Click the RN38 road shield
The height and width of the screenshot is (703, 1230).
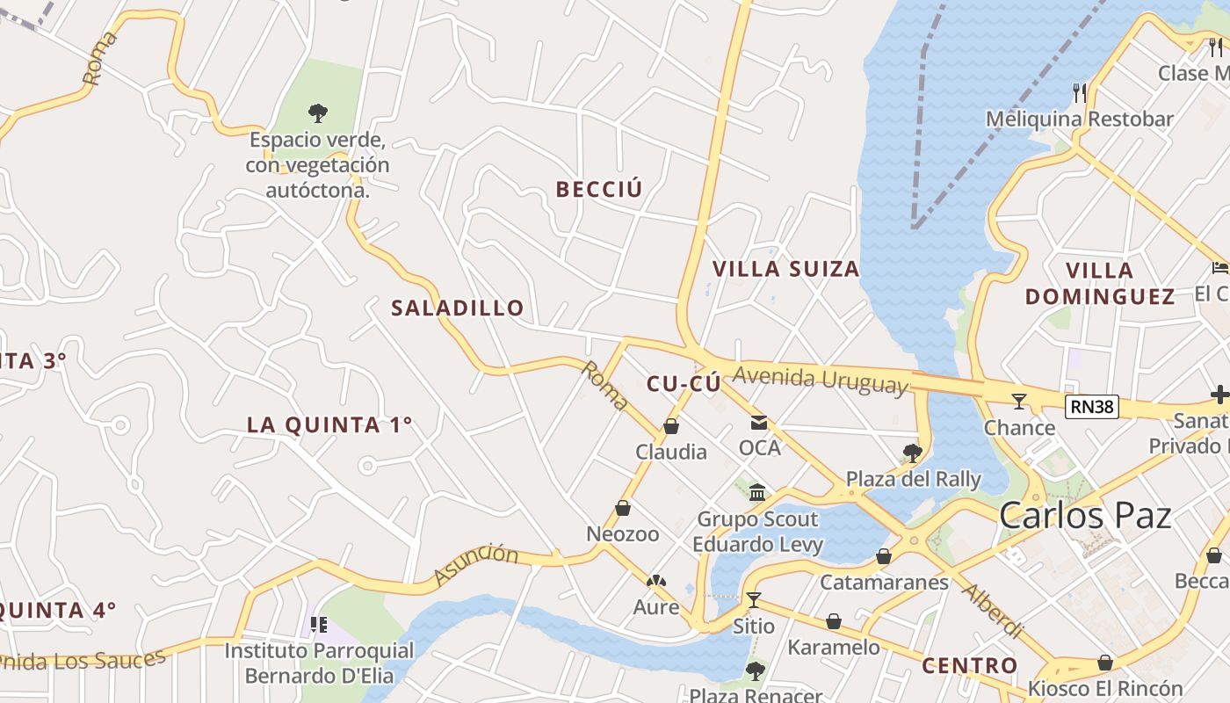[x=1092, y=406]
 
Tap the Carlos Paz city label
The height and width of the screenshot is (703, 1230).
[x=1085, y=516]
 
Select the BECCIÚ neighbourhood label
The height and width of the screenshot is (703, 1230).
[x=599, y=189]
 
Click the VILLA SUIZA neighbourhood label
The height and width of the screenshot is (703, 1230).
[x=785, y=269]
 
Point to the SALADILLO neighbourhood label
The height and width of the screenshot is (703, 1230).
[x=457, y=308]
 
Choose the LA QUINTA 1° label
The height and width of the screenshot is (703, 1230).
[x=329, y=424]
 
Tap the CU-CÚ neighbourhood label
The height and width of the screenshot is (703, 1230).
[x=684, y=384]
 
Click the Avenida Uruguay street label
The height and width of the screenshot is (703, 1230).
[x=820, y=380]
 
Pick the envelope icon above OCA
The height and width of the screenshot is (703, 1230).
[x=758, y=424]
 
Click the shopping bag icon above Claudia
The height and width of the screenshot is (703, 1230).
[x=671, y=427]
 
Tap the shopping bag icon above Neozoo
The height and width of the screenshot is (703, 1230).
[x=623, y=508]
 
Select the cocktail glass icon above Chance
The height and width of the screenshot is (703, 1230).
[x=1019, y=402]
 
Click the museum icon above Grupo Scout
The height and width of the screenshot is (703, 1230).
[x=757, y=492]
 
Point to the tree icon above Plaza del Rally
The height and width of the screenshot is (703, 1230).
[x=913, y=453]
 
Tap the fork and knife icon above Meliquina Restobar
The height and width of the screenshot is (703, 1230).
[x=1080, y=92]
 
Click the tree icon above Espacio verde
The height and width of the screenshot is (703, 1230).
[x=318, y=112]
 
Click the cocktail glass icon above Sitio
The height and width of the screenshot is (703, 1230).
[x=753, y=600]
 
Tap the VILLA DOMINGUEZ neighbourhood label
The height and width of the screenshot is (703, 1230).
[x=1100, y=283]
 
